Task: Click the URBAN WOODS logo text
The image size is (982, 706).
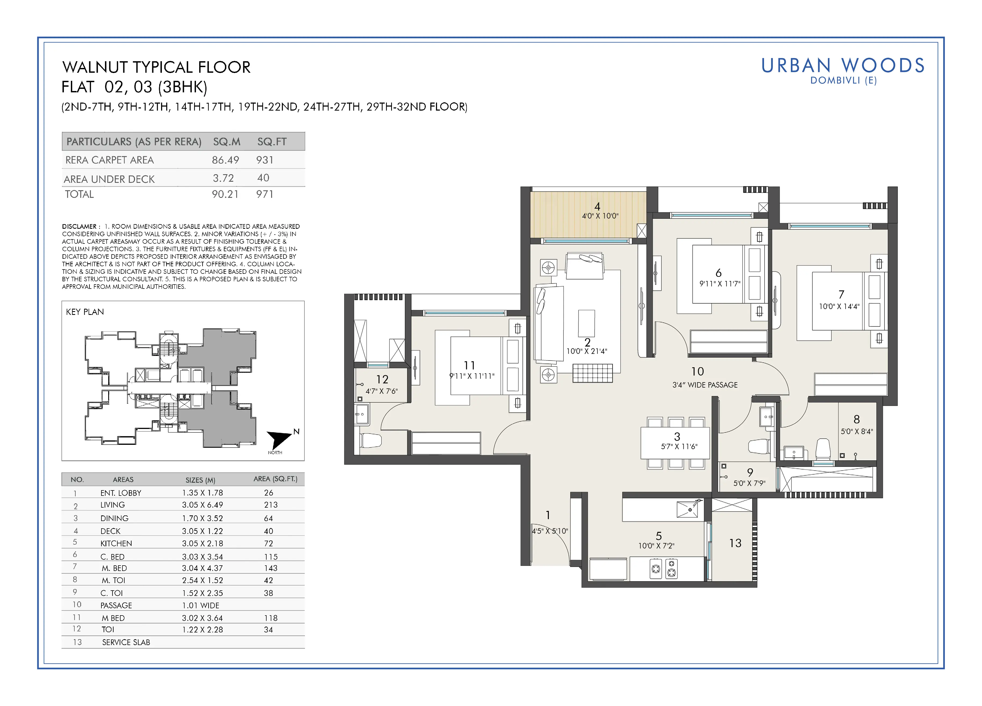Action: tap(843, 66)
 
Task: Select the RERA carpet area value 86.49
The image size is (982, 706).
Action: tap(225, 160)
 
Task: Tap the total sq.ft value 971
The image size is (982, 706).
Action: tap(264, 194)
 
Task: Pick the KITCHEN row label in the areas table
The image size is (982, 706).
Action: tap(116, 544)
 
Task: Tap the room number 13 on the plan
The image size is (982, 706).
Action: tap(735, 543)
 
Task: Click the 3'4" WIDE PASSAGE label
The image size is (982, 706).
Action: tap(705, 385)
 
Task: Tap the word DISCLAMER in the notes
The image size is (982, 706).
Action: tap(79, 226)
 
